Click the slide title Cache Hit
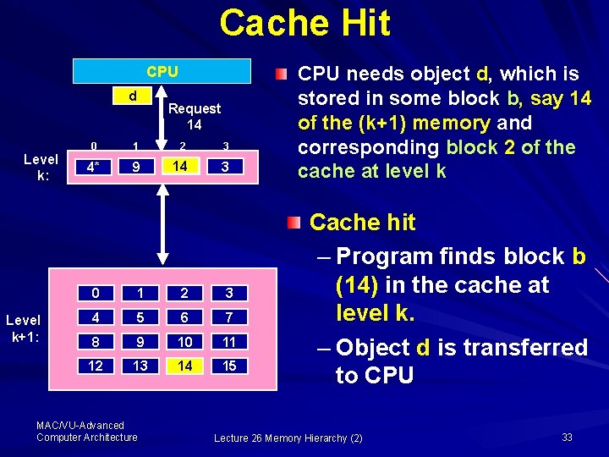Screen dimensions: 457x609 click(304, 23)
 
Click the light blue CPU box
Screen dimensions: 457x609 click(162, 71)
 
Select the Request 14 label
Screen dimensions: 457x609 click(194, 116)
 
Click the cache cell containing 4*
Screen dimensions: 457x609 click(93, 168)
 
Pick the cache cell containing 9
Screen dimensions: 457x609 click(135, 168)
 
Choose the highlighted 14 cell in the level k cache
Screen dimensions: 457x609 click(179, 167)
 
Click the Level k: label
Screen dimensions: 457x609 click(41, 167)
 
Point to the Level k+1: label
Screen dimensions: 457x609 click(24, 328)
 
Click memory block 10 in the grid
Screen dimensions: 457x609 click(182, 343)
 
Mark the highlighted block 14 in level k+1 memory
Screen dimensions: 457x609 click(182, 366)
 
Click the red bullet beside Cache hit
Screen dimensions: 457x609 click(293, 223)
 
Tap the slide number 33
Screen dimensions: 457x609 click(567, 437)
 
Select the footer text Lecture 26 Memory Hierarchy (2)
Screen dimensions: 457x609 click(288, 438)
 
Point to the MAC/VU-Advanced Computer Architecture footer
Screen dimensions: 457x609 click(86, 431)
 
